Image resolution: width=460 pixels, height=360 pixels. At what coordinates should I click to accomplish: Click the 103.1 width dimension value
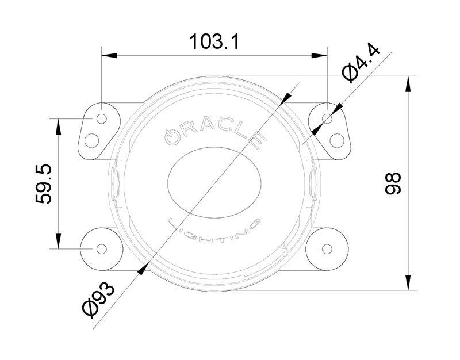214,41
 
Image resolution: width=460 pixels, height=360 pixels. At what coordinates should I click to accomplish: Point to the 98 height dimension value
393,183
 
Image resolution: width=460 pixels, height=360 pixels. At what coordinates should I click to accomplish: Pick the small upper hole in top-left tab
102,119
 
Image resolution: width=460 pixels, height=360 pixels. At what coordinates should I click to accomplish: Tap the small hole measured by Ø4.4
328,119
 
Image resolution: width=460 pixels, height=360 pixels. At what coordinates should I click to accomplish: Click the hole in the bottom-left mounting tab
102,248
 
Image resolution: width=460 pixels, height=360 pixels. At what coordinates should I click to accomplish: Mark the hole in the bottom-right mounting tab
328,248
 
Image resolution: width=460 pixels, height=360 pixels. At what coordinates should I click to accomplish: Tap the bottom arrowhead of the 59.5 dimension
59,243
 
